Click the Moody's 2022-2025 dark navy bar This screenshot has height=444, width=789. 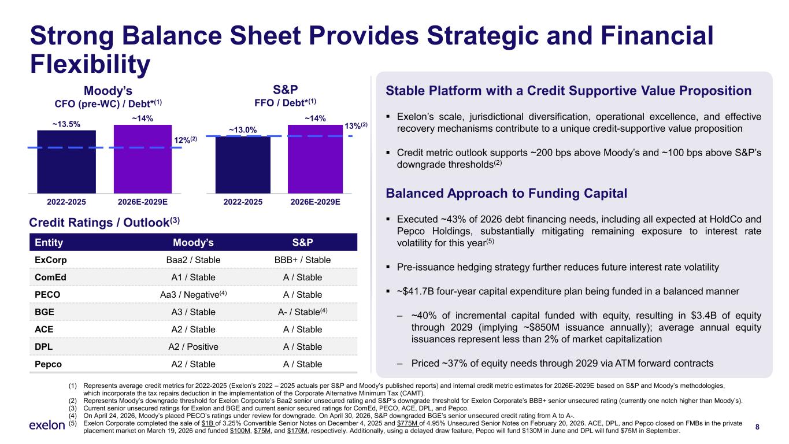tap(66, 162)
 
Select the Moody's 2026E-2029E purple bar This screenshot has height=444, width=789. tap(143, 159)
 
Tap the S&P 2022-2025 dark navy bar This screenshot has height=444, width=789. tap(243, 165)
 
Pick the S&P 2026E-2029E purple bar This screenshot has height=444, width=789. tap(315, 159)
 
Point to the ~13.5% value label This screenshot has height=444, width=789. tap(66, 124)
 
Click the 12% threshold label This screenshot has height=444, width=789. tap(186, 140)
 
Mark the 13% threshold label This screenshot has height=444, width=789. tap(355, 126)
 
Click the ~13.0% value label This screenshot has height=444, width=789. tap(243, 130)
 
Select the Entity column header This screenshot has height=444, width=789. tap(49, 242)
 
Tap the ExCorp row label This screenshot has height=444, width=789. tap(51, 260)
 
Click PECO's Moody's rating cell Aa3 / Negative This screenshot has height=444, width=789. tap(194, 294)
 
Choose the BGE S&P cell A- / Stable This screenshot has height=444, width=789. tap(302, 312)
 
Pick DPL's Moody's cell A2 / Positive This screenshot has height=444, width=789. tap(194, 347)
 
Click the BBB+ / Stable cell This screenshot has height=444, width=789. tap(302, 260)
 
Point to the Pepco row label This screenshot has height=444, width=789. tap(48, 364)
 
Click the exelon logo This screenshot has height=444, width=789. tap(47, 425)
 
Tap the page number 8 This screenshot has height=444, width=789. tap(757, 427)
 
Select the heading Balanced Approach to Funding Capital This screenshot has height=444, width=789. tap(506, 194)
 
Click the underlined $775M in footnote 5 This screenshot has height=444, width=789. tap(408, 423)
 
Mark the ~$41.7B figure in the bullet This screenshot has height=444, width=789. tap(415, 291)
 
